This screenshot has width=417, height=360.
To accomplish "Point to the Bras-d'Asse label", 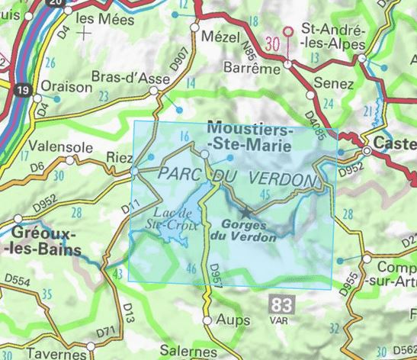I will [120, 77].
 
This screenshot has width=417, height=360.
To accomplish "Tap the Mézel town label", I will [213, 36].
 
